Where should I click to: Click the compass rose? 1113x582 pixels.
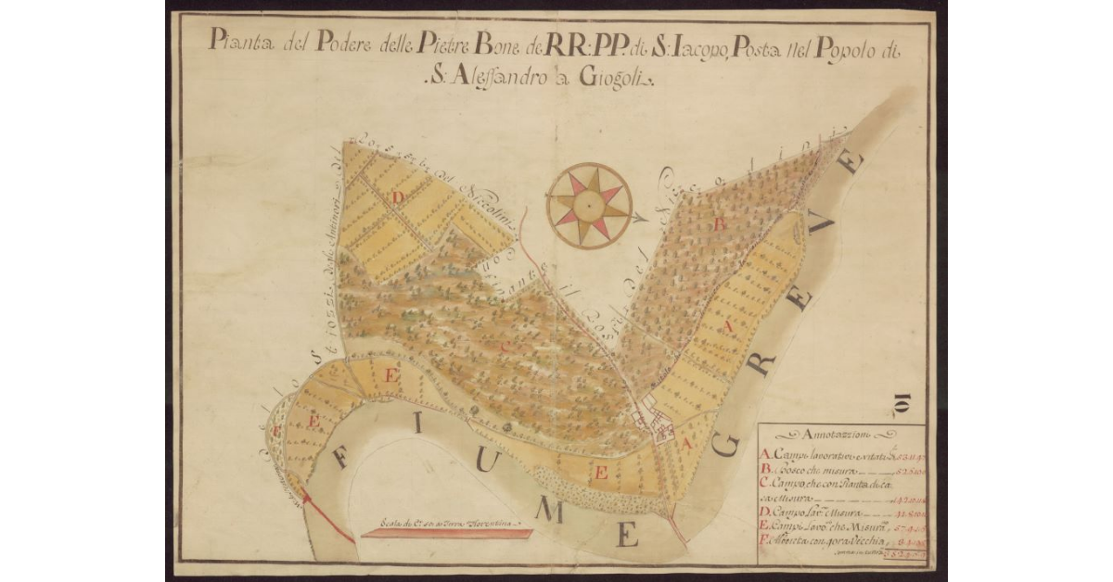(589, 205)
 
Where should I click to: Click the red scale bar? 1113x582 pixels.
(445, 533)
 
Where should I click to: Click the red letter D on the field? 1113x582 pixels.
(398, 196)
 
